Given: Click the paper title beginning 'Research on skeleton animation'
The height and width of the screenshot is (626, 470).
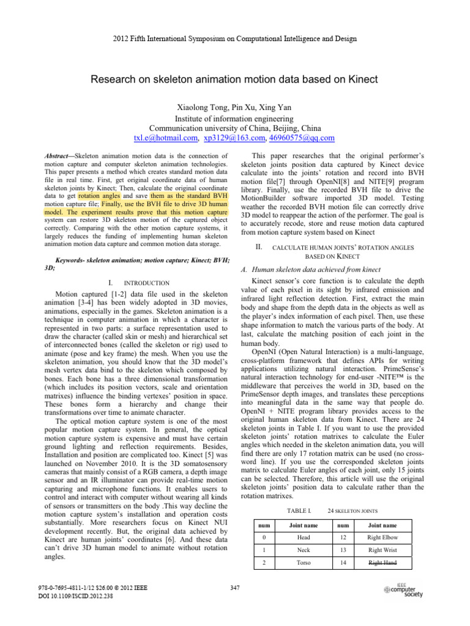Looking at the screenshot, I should click(x=234, y=79).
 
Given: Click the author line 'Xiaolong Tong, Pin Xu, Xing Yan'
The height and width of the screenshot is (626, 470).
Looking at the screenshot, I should click(x=234, y=108).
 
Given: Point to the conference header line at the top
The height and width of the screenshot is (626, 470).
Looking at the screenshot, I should click(x=234, y=39).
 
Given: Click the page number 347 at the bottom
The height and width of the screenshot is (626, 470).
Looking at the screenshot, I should click(x=234, y=588).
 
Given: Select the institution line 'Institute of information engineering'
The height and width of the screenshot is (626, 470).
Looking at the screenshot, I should click(x=234, y=118).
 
